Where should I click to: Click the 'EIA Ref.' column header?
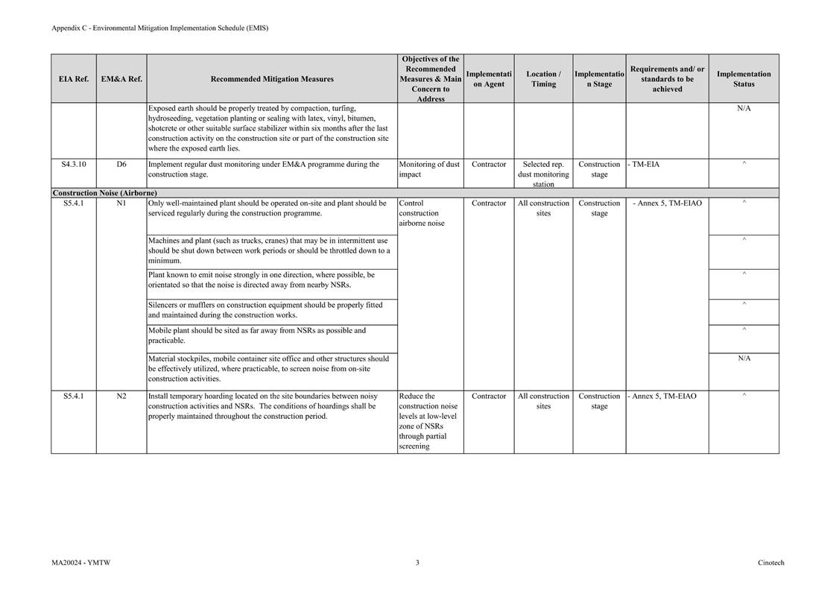coord(73,79)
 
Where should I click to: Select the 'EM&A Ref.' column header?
coord(121,79)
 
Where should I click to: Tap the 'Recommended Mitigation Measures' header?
coord(272,79)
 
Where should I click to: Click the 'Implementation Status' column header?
coord(743,79)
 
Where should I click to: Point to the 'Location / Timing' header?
coord(543,79)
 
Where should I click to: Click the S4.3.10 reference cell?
coord(73,165)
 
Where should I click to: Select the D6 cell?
coord(121,165)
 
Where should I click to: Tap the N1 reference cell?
coord(121,203)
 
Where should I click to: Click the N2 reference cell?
coord(121,396)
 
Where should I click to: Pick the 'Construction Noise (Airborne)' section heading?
coord(104,193)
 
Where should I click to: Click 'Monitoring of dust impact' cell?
coord(429,169)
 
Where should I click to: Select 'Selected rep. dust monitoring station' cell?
coord(543,174)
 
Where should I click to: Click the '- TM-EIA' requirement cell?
coord(643,165)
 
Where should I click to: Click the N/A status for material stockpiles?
coord(743,358)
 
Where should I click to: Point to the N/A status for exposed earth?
coord(743,109)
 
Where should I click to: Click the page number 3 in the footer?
coord(417,563)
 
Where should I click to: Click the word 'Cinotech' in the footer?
coord(770,563)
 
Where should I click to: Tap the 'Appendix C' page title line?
coord(159,28)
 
